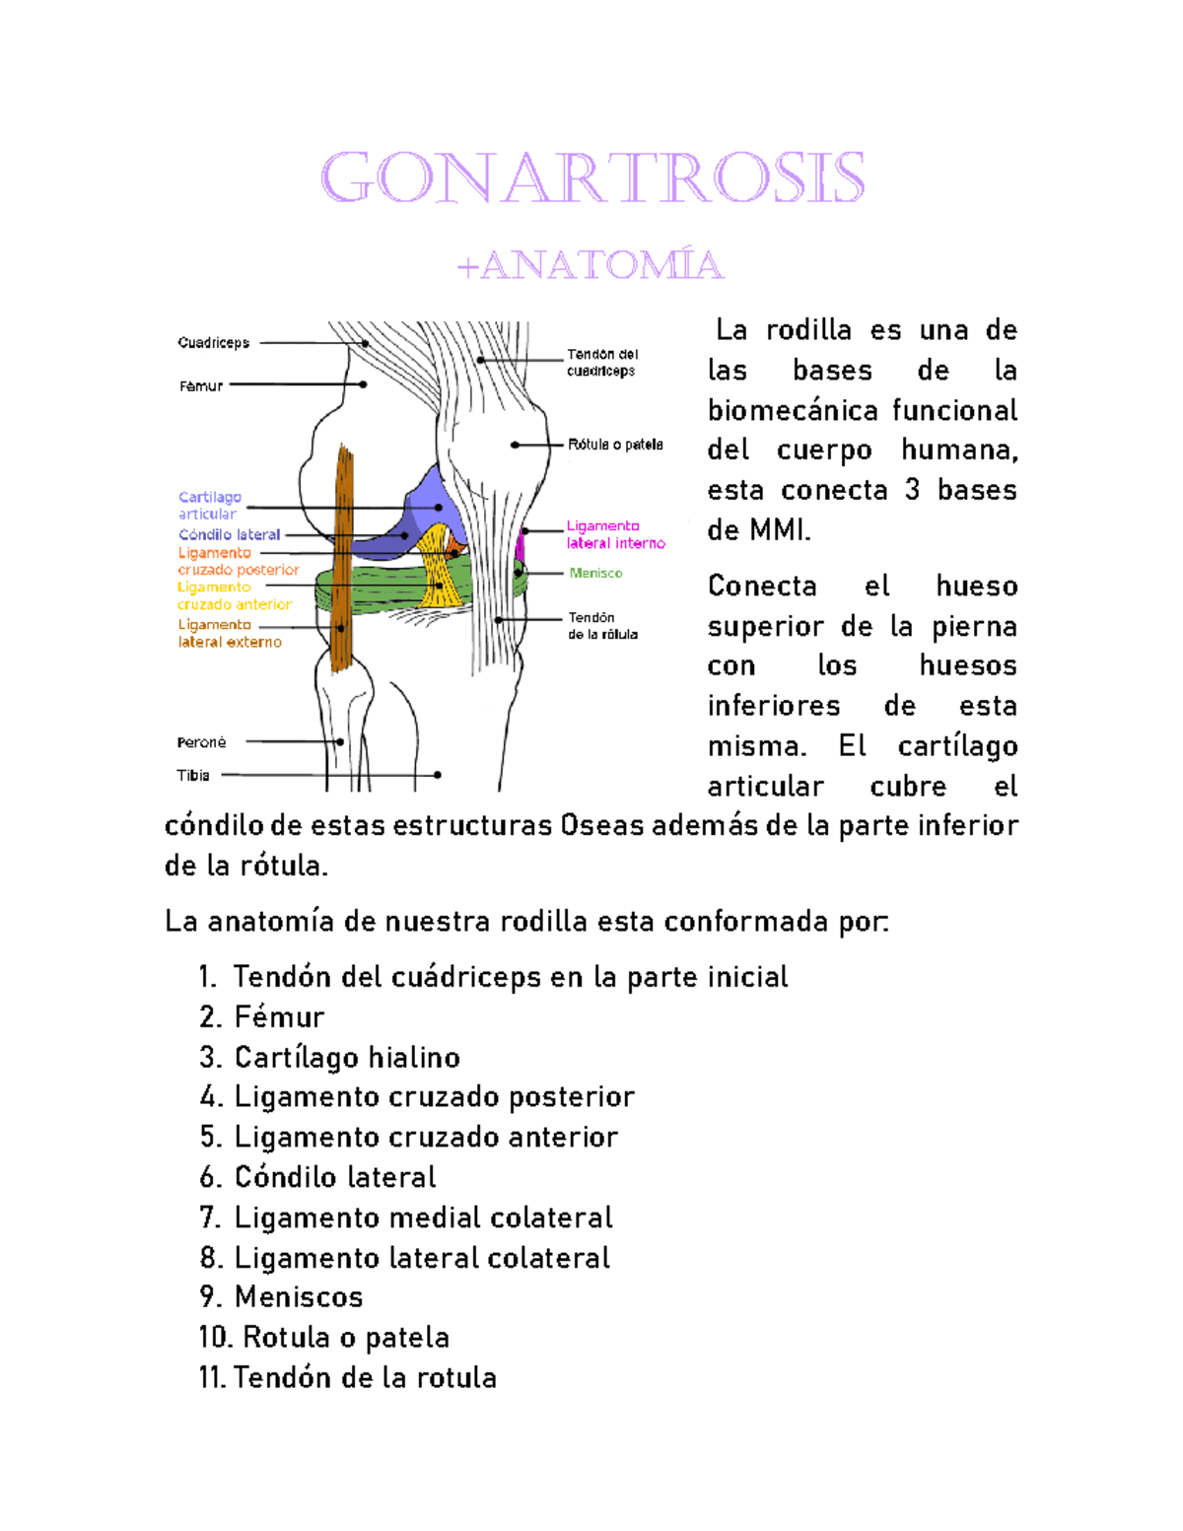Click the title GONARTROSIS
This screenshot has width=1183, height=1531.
click(592, 178)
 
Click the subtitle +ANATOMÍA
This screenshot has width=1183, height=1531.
click(591, 265)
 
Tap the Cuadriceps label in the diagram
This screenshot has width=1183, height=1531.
click(213, 343)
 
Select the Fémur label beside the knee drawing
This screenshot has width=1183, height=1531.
click(201, 386)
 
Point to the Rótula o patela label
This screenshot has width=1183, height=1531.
click(615, 445)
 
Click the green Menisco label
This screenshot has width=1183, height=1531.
click(595, 573)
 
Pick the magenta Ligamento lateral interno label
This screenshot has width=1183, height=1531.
click(615, 534)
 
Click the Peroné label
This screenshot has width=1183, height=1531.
click(201, 742)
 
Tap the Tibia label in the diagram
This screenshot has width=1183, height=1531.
click(193, 776)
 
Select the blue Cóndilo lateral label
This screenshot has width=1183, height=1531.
click(229, 534)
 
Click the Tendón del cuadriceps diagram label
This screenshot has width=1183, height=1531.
click(602, 362)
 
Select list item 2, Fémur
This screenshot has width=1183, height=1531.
click(279, 1017)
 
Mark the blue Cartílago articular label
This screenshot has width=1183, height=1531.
click(209, 505)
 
